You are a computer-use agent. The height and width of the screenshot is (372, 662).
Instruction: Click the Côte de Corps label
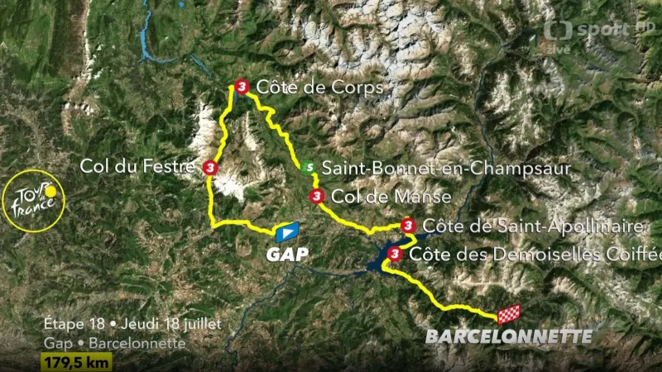pyautogui.click(x=319, y=87)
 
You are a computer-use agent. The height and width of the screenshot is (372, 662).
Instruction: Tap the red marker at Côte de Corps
pyautogui.click(x=241, y=86)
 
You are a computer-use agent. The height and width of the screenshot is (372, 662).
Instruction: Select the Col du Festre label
pyautogui.click(x=137, y=166)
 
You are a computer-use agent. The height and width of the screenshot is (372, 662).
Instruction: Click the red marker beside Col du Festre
pyautogui.click(x=209, y=168)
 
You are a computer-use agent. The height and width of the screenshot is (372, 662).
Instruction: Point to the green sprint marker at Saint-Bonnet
pyautogui.click(x=308, y=167)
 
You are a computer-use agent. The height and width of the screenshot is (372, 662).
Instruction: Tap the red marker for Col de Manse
pyautogui.click(x=315, y=196)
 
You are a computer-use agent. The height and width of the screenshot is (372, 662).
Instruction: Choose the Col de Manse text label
pyautogui.click(x=391, y=197)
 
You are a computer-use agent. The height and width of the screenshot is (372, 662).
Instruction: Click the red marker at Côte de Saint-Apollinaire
pyautogui.click(x=407, y=226)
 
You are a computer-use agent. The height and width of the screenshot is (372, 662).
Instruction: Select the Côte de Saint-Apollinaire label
pyautogui.click(x=533, y=226)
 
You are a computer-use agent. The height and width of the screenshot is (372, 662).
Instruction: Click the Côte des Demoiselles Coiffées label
pyautogui.click(x=535, y=255)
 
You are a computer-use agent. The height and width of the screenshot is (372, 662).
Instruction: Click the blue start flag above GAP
pyautogui.click(x=286, y=231)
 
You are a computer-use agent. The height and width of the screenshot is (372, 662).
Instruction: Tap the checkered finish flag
pyautogui.click(x=508, y=314)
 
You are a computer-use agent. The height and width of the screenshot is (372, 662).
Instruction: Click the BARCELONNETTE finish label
pyautogui.click(x=509, y=336)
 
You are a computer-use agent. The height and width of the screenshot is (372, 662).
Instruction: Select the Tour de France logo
pyautogui.click(x=33, y=201)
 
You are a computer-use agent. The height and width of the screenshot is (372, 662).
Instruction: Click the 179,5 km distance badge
pyautogui.click(x=76, y=361)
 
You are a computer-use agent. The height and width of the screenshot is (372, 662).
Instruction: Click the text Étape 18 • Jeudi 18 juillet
pyautogui.click(x=132, y=324)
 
